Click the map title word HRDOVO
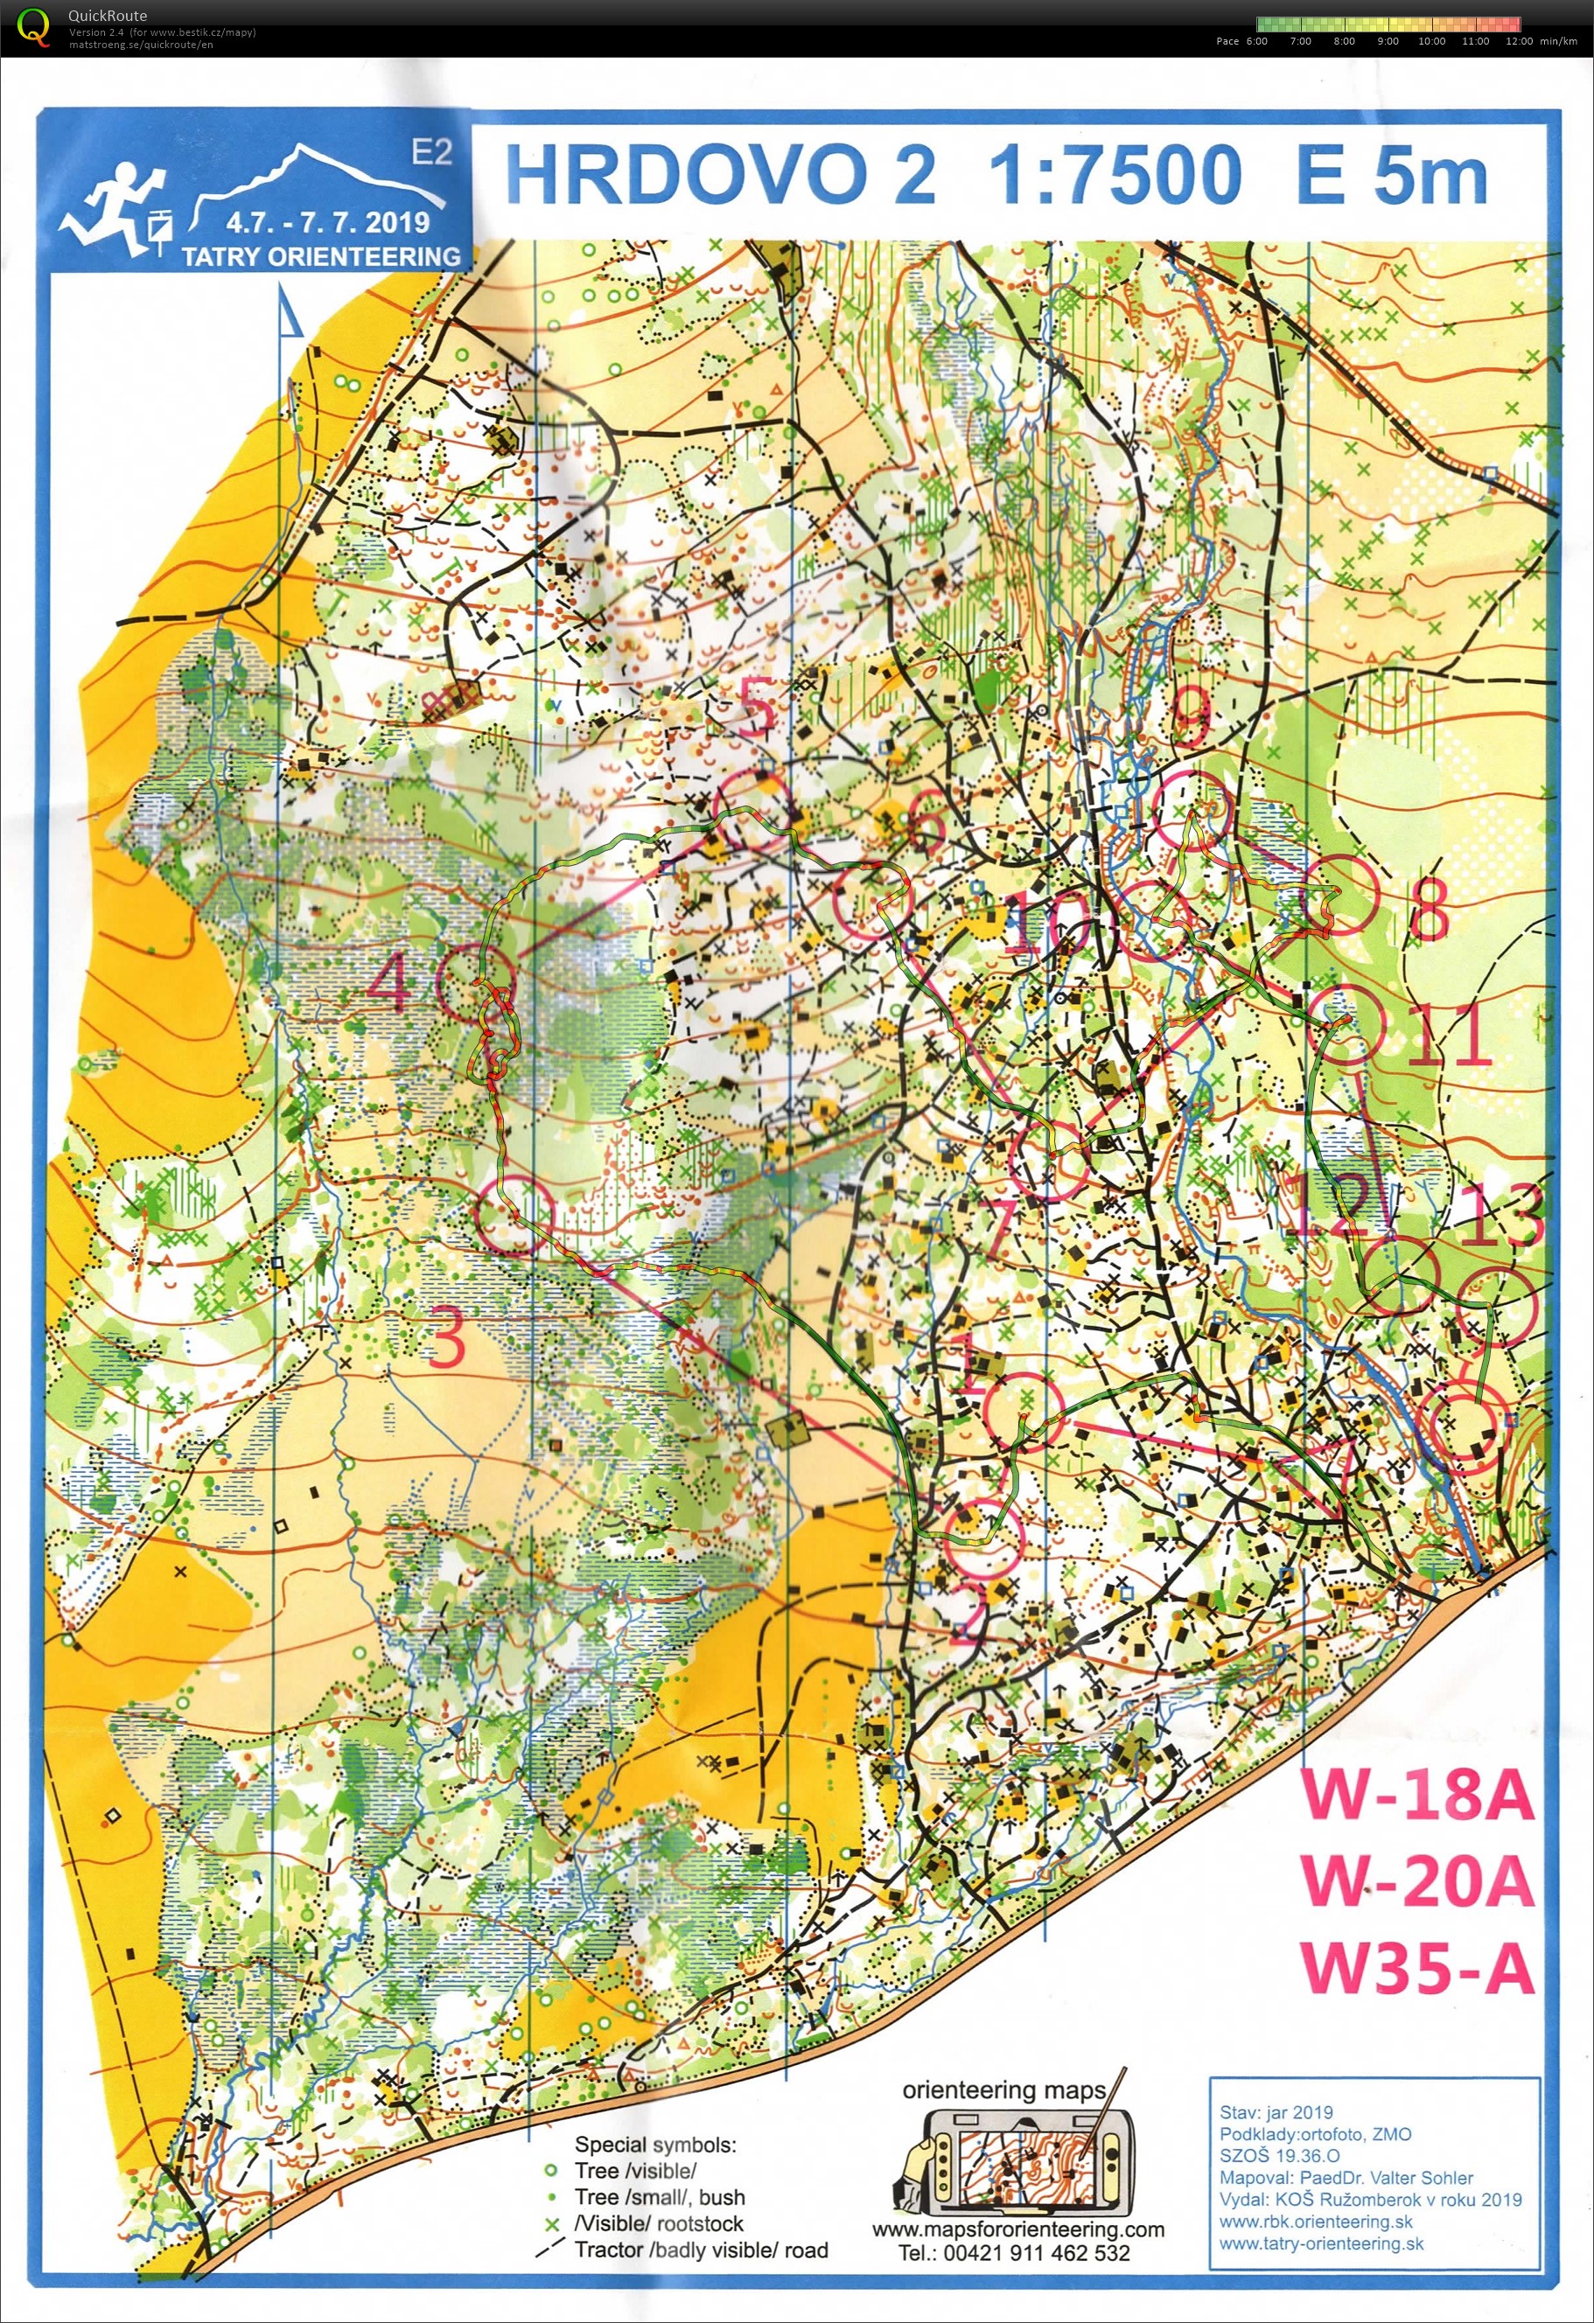point(686,175)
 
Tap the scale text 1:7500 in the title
point(1115,175)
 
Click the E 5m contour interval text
point(1391,175)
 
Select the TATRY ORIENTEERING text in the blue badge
point(321,256)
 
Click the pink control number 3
point(447,1338)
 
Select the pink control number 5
point(756,706)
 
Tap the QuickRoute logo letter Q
point(33,27)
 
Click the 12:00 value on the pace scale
point(1518,41)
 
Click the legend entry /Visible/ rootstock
point(659,2223)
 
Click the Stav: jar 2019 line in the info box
point(1276,2112)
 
